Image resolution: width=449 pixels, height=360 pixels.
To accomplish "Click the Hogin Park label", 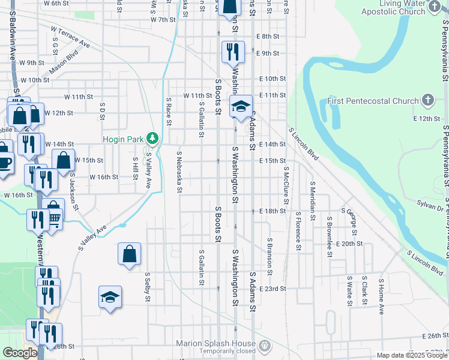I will pos(122,139).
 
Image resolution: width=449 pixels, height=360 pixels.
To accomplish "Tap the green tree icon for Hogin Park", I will pos(153,139).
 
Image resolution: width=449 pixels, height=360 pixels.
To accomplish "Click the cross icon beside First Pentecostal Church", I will pos(428,100).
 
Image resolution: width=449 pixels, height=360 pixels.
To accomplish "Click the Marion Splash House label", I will pos(216,343).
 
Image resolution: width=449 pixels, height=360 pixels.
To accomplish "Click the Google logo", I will pos(20,353).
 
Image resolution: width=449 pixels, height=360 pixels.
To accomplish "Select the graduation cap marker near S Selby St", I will pos(110,298).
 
